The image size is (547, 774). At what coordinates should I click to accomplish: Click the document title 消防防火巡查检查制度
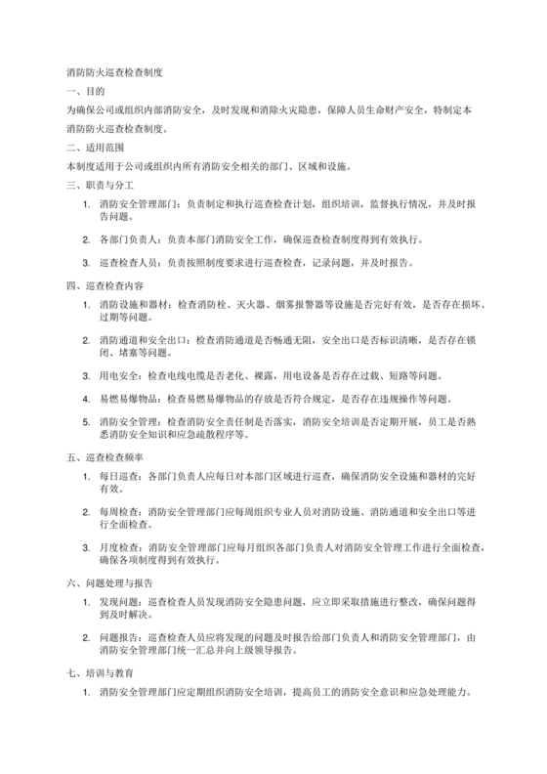[113, 72]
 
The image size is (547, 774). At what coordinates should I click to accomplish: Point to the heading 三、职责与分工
[99, 184]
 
